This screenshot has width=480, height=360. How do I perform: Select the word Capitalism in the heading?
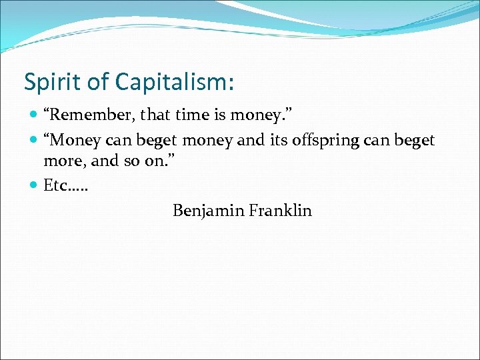point(174,82)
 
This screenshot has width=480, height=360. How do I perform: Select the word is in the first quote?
point(219,116)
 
